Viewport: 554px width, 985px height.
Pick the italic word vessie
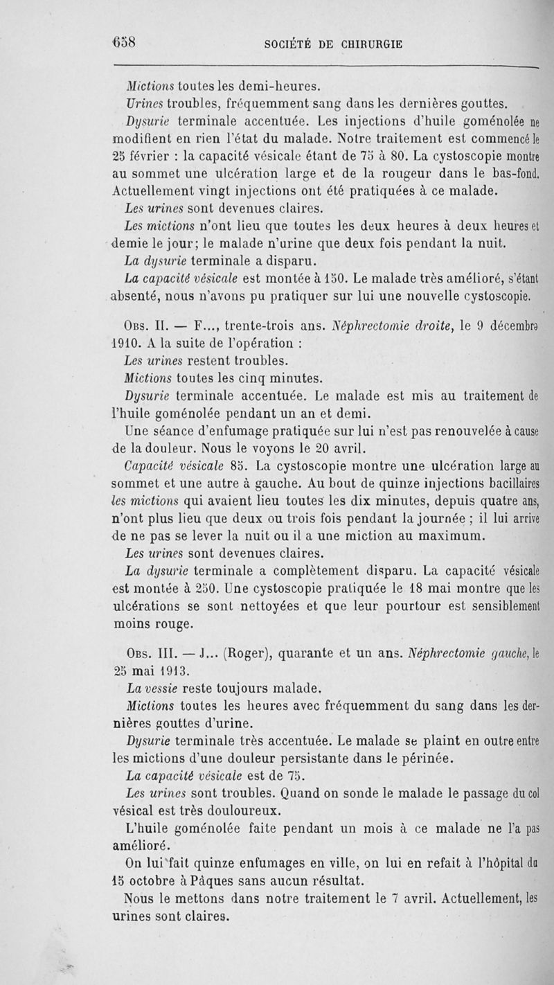pos(173,686)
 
